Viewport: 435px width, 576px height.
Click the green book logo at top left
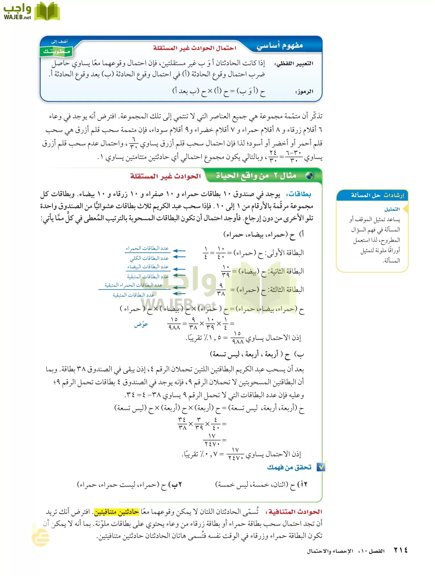click(x=47, y=12)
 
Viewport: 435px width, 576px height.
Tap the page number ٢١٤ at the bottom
click(x=400, y=550)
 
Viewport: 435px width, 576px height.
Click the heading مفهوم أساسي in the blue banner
click(x=280, y=45)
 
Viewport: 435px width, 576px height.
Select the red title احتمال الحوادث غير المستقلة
click(x=194, y=48)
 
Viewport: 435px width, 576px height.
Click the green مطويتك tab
click(x=56, y=51)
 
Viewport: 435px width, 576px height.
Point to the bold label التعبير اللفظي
click(x=294, y=63)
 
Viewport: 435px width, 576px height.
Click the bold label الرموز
click(x=304, y=92)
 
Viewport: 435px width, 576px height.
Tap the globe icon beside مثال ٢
click(x=309, y=175)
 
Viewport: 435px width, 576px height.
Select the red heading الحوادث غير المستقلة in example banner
click(x=165, y=176)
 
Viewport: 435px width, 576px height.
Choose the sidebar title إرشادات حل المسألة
click(x=377, y=195)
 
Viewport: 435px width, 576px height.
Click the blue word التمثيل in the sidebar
click(x=392, y=209)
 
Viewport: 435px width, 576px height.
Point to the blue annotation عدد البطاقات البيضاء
click(x=148, y=267)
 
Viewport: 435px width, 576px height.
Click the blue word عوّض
click(x=141, y=324)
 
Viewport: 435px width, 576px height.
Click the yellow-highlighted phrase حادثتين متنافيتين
click(x=116, y=512)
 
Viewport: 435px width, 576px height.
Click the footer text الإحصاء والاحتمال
click(x=330, y=551)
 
